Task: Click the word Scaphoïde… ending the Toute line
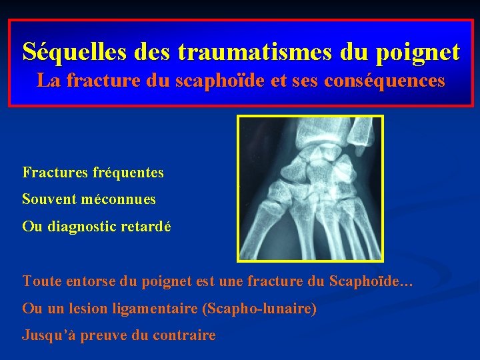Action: (x=371, y=281)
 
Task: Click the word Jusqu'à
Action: (x=44, y=335)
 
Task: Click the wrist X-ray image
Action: (x=311, y=188)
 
